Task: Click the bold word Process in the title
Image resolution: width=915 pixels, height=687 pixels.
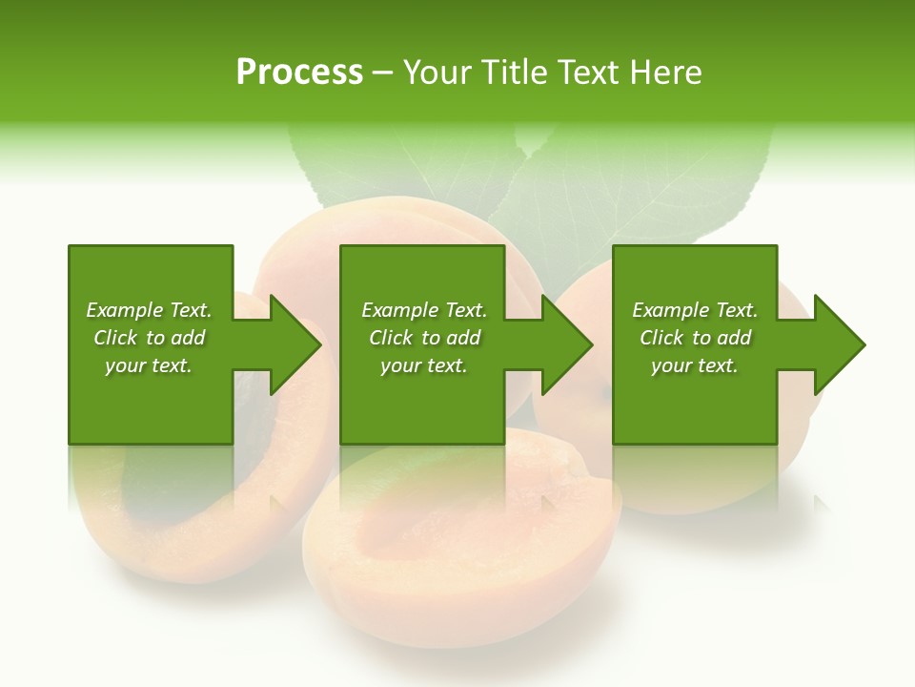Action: coord(299,73)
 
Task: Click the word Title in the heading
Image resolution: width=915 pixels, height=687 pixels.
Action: coord(516,73)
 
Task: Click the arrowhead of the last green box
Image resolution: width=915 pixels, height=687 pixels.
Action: coord(838,344)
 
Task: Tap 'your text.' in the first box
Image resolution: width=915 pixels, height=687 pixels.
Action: coord(149,365)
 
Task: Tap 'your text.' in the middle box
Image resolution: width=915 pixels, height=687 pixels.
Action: coord(424,365)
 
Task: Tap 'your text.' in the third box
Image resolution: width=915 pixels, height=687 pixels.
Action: coord(695,365)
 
